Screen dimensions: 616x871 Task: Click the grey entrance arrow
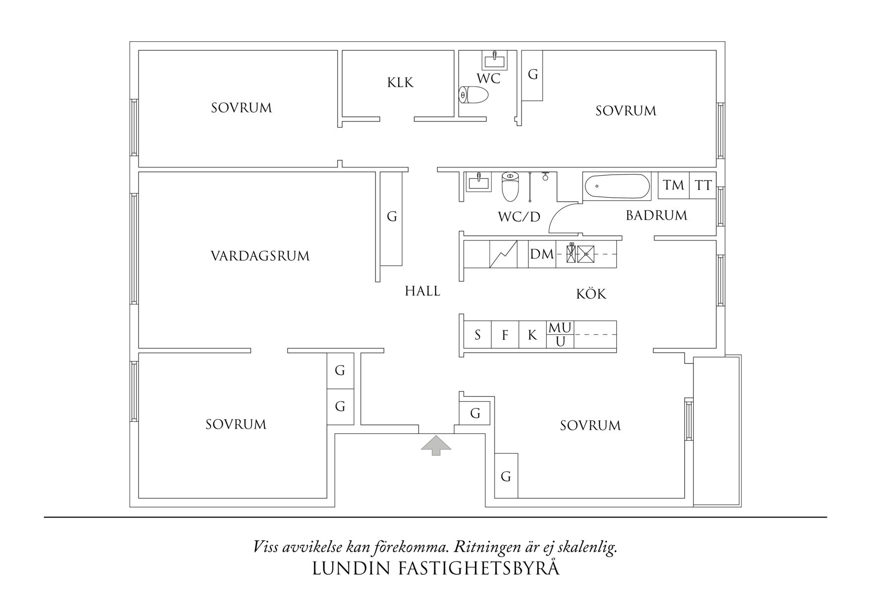tap(436, 445)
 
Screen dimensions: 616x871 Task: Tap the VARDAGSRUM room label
tap(260, 256)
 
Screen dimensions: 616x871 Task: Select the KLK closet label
tap(400, 82)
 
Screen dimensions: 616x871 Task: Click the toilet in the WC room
tap(474, 94)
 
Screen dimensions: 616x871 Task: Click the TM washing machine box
tap(674, 185)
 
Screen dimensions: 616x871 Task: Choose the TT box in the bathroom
tap(703, 185)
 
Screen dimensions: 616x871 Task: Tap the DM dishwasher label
tap(542, 254)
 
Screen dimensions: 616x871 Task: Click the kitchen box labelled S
tap(478, 335)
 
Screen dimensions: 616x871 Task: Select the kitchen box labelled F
tap(505, 335)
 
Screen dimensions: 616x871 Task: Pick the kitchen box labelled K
tap(532, 335)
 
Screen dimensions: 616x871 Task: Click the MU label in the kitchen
tap(560, 328)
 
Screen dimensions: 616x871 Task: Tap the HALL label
tap(423, 291)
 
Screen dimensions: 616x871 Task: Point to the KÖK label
tap(591, 294)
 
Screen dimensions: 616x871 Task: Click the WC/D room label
tap(519, 217)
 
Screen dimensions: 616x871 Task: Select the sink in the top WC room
tap(495, 61)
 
